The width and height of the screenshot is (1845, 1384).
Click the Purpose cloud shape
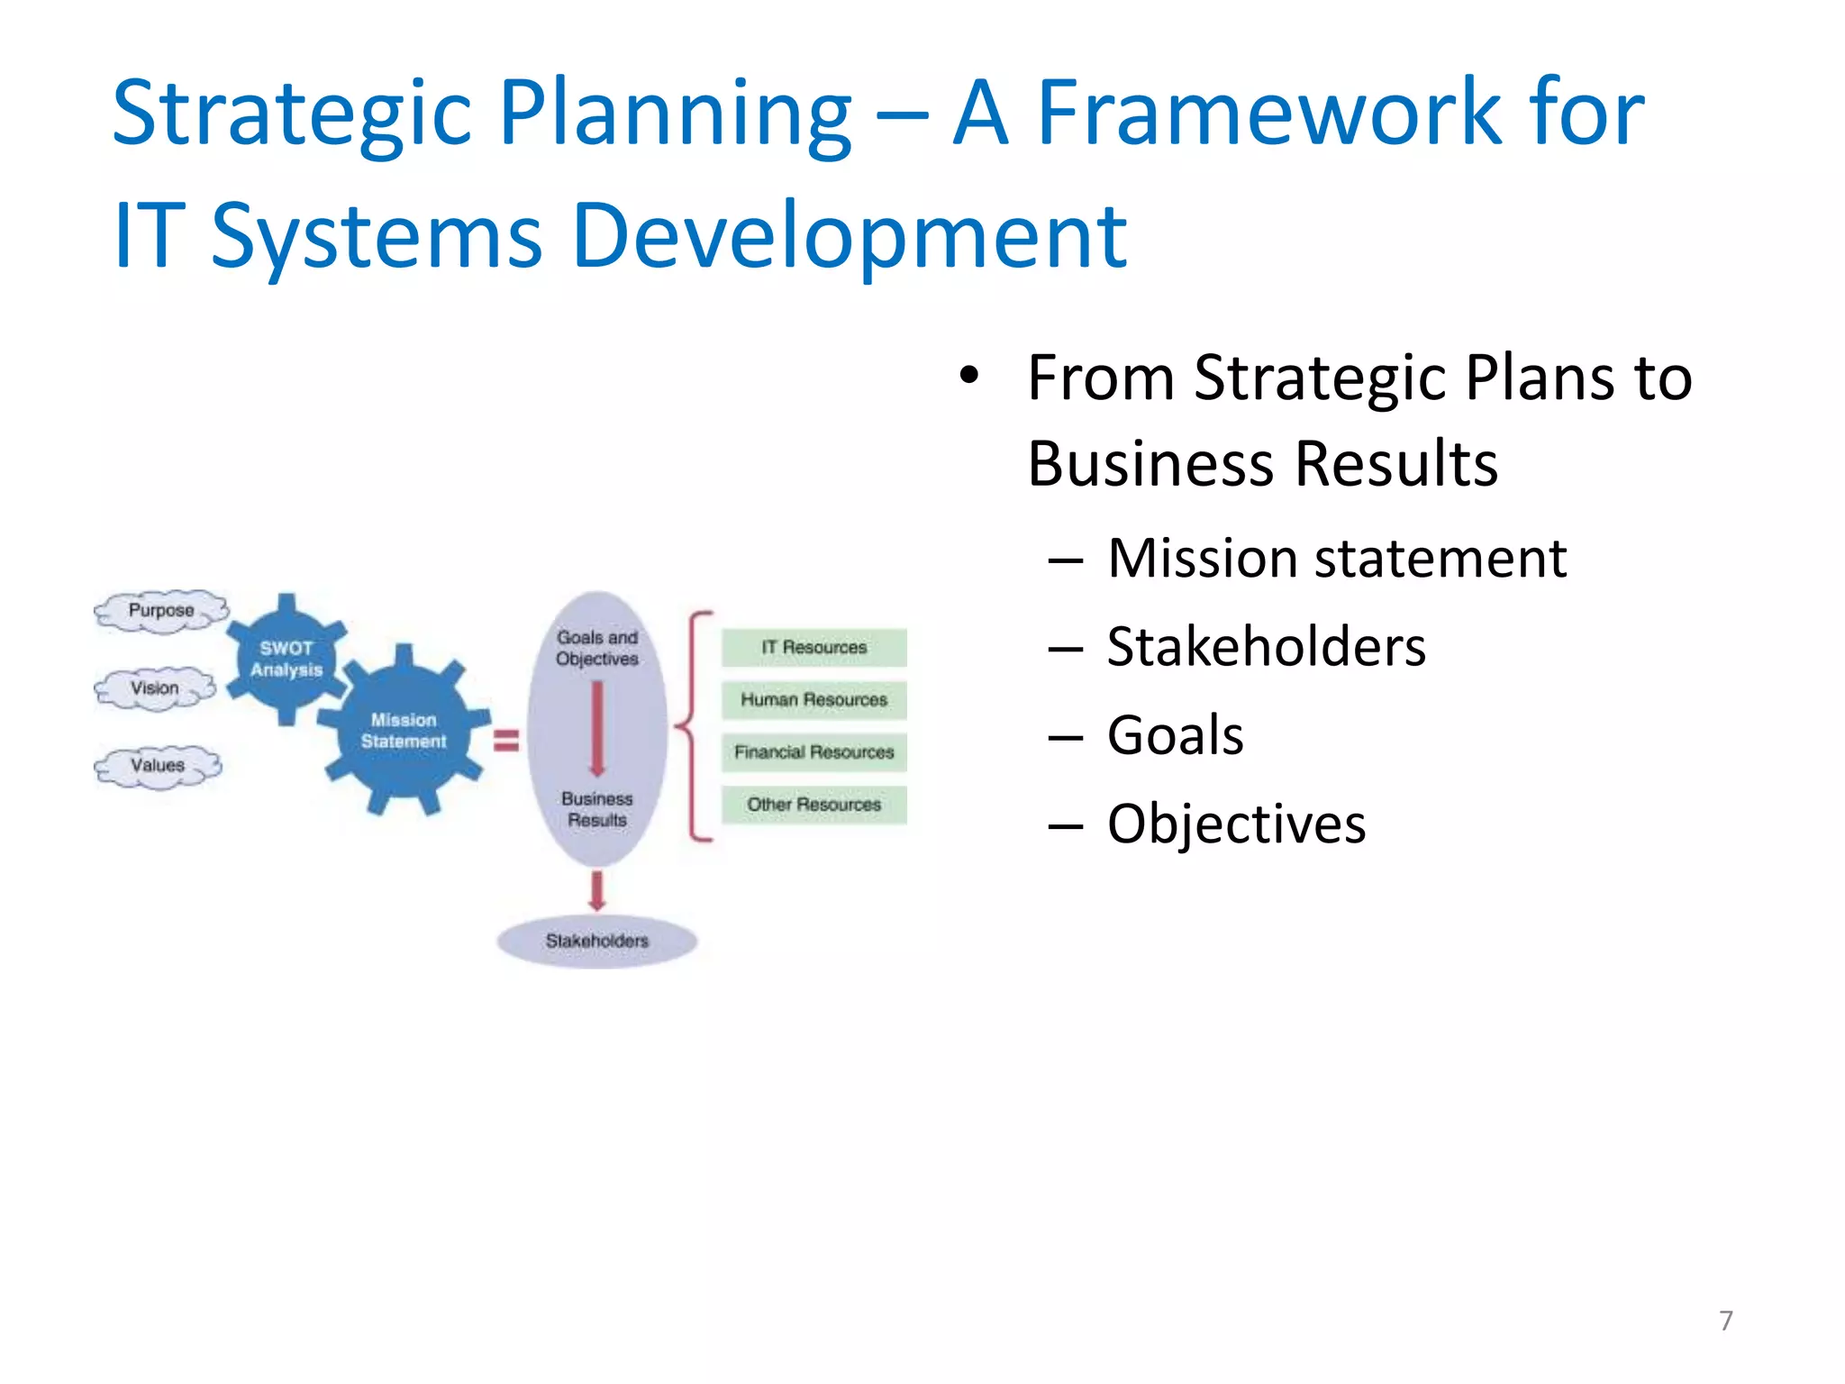coord(161,611)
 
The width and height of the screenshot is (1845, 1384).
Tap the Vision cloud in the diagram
coord(155,688)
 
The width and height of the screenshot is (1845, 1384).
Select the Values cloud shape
coord(158,766)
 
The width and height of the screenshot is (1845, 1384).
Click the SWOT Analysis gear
coord(286,660)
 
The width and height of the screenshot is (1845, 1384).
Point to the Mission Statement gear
coord(404,731)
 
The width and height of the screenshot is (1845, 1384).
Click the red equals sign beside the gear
coord(506,741)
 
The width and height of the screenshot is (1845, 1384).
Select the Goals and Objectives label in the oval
coord(596,648)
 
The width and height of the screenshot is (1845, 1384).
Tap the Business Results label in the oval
coord(596,809)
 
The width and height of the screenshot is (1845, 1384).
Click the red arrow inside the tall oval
coord(596,728)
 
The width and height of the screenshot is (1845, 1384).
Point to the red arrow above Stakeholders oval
coord(596,890)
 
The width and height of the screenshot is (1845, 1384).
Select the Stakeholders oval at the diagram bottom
coord(596,941)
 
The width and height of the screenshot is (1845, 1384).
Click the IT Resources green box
coord(813,647)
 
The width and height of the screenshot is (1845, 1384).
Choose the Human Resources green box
coord(813,699)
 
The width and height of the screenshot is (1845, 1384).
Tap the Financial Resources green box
coord(813,751)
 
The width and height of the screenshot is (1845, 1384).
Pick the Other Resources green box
coord(813,804)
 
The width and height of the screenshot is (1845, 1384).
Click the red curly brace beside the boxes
coord(694,726)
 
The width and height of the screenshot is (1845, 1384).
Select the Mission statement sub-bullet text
coord(1337,558)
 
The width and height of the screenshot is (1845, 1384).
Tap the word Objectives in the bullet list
coord(1236,824)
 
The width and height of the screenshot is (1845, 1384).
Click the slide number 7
coord(1725,1321)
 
